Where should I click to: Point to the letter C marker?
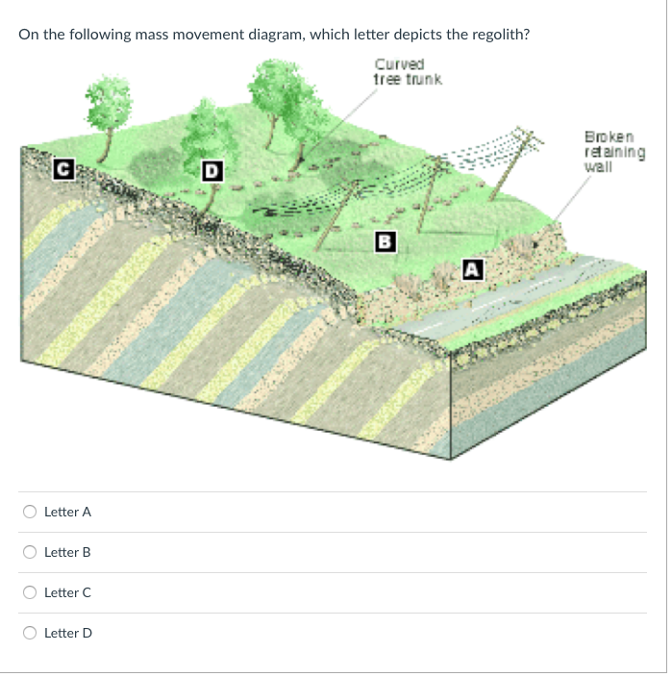click(x=62, y=171)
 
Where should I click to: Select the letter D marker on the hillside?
click(x=212, y=172)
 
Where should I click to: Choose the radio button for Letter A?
click(x=31, y=512)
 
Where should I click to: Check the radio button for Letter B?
click(x=31, y=552)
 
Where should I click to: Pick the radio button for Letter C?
click(x=31, y=592)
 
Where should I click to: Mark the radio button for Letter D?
click(x=31, y=633)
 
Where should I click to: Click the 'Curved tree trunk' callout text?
click(x=407, y=71)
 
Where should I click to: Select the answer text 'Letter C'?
click(x=67, y=592)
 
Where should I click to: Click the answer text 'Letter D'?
click(x=68, y=633)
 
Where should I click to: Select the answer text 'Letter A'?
click(x=67, y=512)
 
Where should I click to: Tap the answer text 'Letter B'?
click(x=67, y=552)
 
